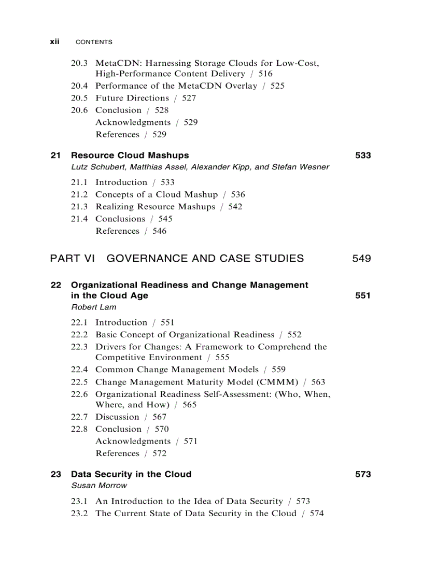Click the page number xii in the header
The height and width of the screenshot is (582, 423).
point(54,41)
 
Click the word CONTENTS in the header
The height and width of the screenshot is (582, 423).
point(94,42)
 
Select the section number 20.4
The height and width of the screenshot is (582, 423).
point(79,86)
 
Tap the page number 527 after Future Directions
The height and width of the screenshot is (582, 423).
point(189,98)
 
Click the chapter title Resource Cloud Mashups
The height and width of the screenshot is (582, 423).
point(130,155)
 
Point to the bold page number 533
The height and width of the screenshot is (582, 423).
point(363,155)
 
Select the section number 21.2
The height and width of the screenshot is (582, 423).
point(79,195)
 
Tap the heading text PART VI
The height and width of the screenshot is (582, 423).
point(73,258)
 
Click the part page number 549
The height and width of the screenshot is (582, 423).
point(361,258)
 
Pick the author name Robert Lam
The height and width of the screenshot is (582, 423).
point(94,307)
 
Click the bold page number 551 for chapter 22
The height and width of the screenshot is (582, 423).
point(363,295)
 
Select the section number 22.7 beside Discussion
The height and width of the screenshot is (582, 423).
point(79,417)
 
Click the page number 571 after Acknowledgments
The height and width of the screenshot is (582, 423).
point(190,442)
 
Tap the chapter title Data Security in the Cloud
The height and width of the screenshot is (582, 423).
point(131,474)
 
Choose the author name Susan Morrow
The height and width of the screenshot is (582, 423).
point(99,486)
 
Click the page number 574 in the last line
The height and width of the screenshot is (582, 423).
point(316,514)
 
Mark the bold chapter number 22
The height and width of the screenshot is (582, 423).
point(56,285)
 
